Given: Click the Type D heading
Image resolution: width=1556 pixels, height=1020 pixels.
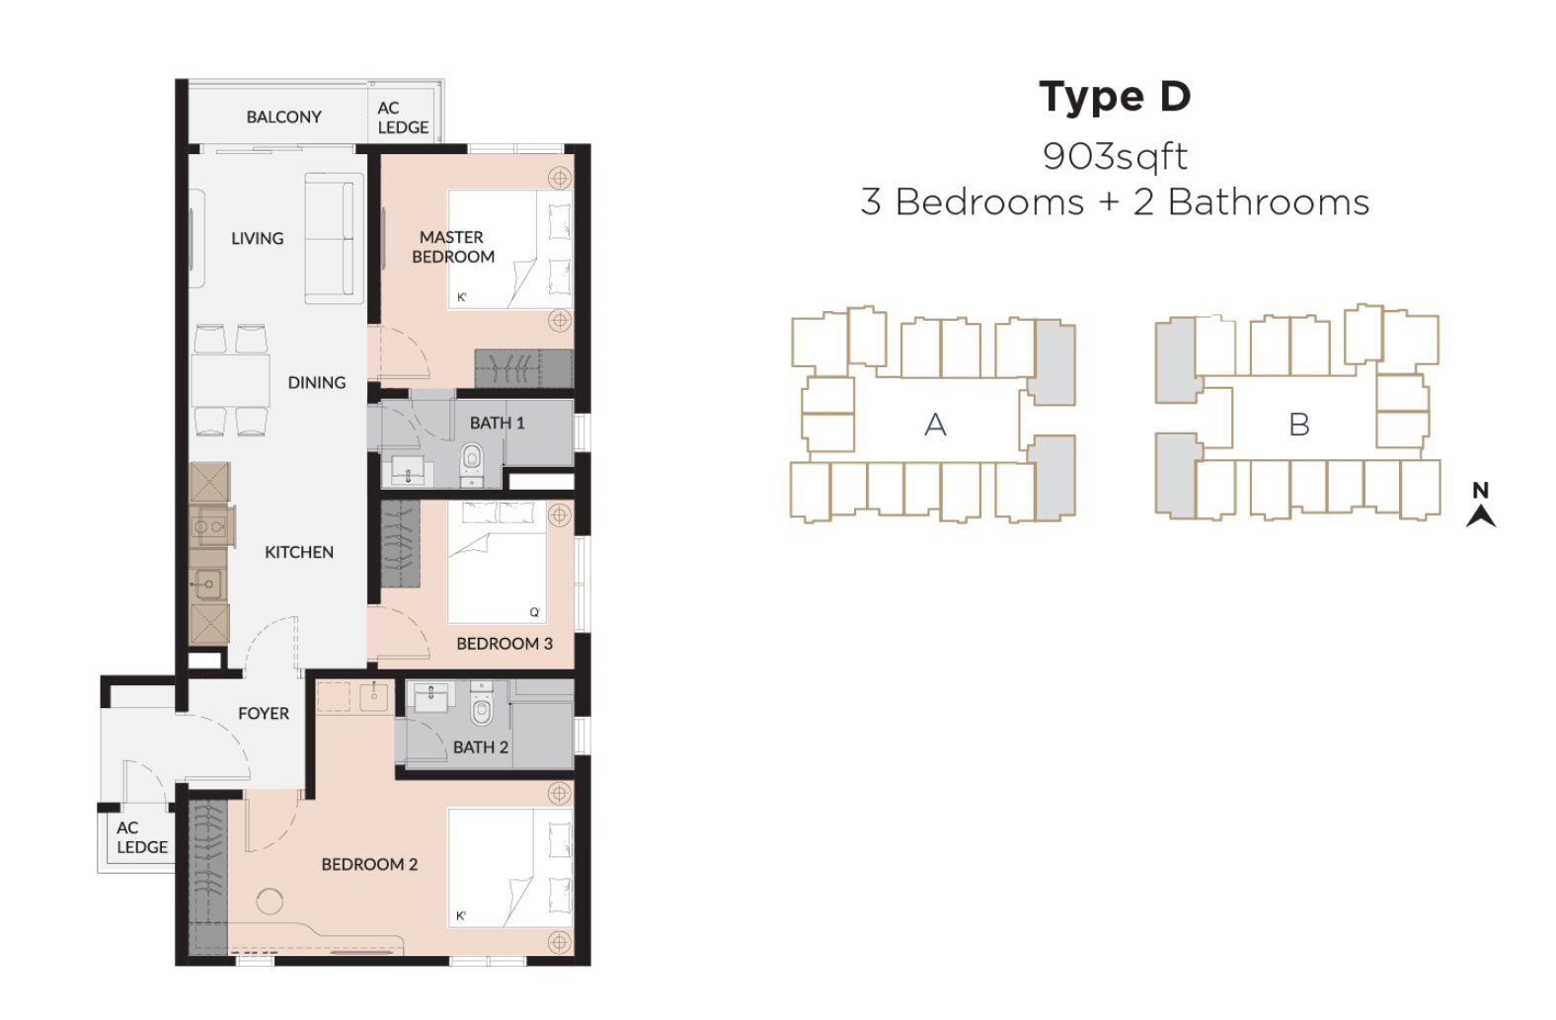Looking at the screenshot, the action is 1115,98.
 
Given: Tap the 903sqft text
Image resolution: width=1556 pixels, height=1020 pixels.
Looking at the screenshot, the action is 1115,156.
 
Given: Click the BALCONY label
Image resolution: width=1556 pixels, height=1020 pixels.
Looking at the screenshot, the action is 284,117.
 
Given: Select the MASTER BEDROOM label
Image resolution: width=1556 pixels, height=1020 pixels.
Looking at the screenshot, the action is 453,247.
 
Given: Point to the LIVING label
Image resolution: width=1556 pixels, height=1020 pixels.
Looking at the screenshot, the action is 257,238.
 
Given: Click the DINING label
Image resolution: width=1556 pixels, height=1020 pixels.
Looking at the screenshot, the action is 317,382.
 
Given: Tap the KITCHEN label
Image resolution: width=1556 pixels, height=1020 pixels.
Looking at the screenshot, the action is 299,552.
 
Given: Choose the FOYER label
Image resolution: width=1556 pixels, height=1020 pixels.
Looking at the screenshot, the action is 264,714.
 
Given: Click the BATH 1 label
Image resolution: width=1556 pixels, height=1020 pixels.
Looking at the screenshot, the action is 497,423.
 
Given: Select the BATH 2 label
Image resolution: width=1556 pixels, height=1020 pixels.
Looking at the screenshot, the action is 481,746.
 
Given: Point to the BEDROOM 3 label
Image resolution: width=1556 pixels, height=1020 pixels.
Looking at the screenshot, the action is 505,644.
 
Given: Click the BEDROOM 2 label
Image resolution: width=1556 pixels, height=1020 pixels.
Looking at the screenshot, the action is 369,864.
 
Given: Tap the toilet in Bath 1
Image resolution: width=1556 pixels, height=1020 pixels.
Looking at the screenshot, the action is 472,462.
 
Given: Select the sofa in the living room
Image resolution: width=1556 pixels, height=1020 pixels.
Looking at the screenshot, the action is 334,238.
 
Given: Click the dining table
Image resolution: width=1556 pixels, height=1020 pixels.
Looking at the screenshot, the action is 231,381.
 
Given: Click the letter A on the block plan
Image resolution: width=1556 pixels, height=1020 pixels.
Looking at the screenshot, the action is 935,424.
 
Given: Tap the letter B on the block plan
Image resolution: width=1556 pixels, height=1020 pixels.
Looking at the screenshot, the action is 1299,424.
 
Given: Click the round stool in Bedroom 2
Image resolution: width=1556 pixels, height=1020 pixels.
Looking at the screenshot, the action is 270,902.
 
